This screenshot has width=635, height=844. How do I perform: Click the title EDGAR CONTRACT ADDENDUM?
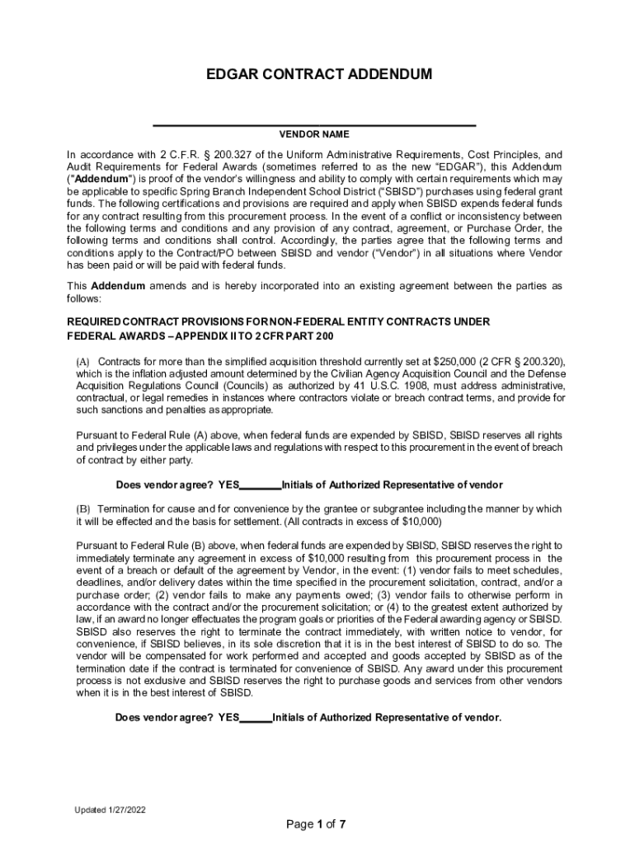[x=317, y=74]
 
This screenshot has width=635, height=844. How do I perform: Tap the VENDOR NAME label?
[x=314, y=134]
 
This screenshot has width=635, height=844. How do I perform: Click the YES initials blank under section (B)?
[x=256, y=718]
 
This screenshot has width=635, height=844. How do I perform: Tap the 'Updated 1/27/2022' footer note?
[x=111, y=810]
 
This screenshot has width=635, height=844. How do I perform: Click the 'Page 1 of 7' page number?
[x=316, y=824]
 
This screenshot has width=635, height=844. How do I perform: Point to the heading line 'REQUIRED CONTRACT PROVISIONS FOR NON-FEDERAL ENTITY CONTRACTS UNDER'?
[x=278, y=321]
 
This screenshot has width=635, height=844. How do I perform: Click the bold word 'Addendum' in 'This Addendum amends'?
[x=118, y=286]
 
